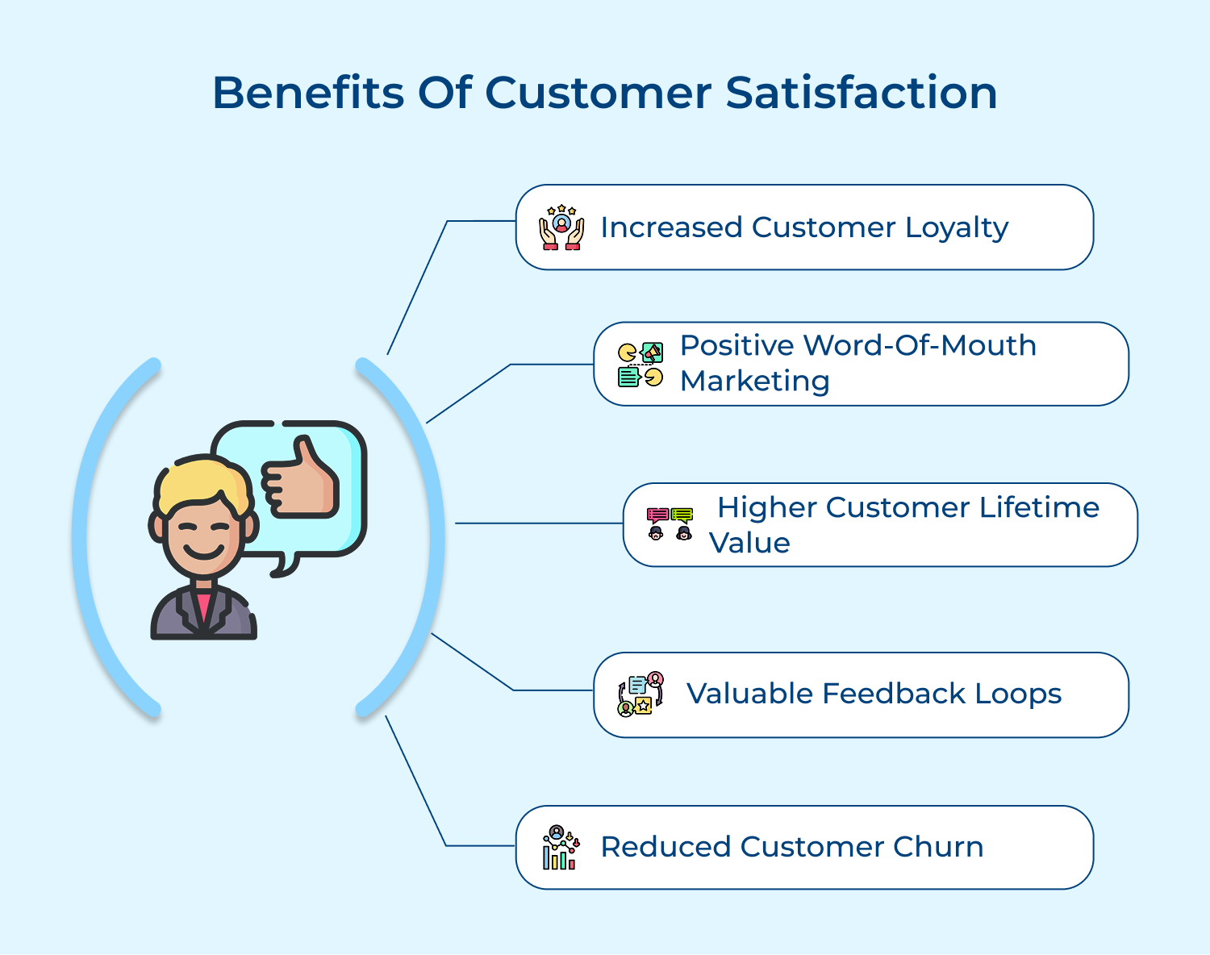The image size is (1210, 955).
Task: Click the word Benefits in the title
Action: (308, 93)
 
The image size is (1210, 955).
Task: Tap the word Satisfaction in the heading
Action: (861, 93)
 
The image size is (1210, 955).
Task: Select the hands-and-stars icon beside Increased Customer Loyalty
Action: (561, 227)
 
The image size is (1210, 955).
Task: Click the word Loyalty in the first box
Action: (957, 228)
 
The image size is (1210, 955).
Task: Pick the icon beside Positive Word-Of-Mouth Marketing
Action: (640, 365)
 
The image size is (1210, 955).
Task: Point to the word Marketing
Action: (754, 381)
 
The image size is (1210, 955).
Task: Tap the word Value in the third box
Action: (749, 543)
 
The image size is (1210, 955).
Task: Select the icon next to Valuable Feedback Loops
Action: (640, 694)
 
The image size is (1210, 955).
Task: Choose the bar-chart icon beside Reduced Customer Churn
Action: (561, 848)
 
